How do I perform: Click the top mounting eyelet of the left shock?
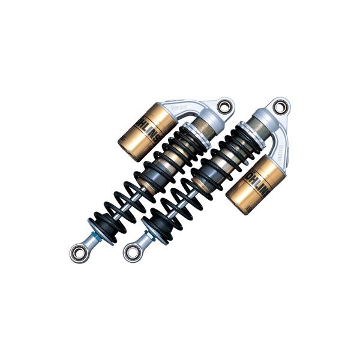226,107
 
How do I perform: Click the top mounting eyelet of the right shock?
279,107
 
